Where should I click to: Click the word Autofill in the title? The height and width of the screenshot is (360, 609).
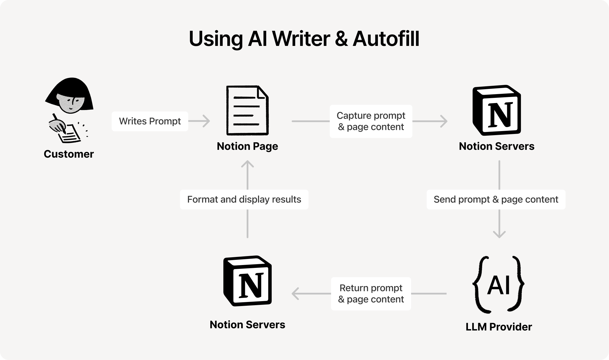(386, 39)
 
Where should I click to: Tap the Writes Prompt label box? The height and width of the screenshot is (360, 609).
(150, 121)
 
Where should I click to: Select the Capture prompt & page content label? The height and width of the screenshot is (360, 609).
(371, 121)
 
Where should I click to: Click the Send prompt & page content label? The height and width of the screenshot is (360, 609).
(496, 199)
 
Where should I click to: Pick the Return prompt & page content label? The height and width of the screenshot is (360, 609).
(371, 294)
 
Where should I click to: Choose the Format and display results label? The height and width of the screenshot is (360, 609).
(244, 199)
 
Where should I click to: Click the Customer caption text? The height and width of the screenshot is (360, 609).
(69, 154)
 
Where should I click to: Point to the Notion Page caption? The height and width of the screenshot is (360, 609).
(247, 146)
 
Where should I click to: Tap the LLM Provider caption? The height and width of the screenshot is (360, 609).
(499, 327)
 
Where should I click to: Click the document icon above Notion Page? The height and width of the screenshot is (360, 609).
(247, 110)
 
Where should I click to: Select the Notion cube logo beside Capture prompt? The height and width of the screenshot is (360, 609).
(496, 110)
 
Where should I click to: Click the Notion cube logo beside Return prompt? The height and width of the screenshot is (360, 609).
(247, 281)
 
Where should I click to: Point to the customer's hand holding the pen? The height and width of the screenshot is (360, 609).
(58, 125)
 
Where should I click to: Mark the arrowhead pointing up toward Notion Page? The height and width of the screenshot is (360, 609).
(247, 165)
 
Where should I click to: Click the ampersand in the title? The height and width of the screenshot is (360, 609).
(341, 39)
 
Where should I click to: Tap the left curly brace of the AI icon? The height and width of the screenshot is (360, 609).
(479, 285)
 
